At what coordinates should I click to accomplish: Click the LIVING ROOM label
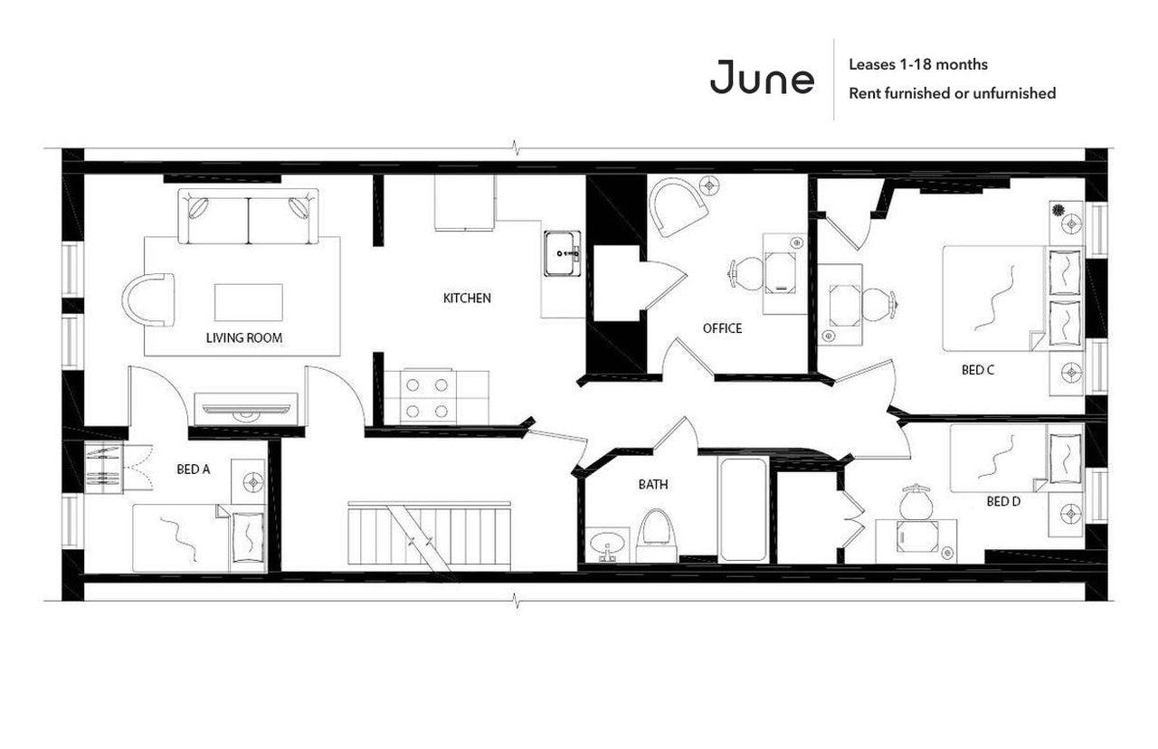coord(243,338)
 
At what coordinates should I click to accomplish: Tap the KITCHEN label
coord(467,298)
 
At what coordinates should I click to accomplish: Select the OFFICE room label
coord(722,328)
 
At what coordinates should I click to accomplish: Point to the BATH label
coord(653,485)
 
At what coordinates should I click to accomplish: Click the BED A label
coord(194,470)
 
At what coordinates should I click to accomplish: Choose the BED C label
coord(978,370)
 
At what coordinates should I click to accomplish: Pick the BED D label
coord(1003,501)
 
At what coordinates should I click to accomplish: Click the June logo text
coord(762,78)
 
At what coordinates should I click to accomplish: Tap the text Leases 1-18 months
coord(917,64)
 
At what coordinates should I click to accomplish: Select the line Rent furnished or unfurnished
coord(952,93)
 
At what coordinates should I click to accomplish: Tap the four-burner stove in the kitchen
coord(427,397)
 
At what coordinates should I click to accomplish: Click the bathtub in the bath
coord(743,509)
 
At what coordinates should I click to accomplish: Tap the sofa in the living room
coord(248,216)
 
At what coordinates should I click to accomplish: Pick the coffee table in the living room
coord(248,302)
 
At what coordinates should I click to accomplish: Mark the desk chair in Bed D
coord(916,503)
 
